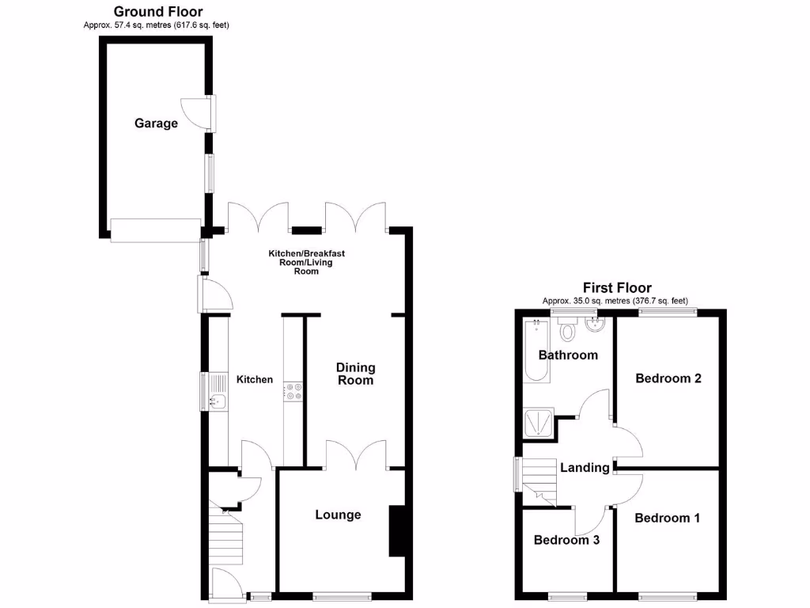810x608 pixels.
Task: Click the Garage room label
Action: (156, 123)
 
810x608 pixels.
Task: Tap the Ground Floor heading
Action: (157, 12)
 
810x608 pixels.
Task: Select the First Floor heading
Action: (617, 288)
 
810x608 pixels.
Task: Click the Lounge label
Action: (338, 515)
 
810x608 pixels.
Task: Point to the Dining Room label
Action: (355, 374)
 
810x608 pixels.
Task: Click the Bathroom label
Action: (568, 355)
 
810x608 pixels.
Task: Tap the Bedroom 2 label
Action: (668, 378)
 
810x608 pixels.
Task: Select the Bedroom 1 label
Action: (667, 519)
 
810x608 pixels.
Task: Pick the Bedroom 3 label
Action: (566, 541)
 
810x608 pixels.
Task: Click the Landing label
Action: (585, 468)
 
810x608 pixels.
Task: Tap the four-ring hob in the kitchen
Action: (293, 391)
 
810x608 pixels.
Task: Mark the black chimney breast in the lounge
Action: (396, 531)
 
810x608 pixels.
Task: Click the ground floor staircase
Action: (225, 539)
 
